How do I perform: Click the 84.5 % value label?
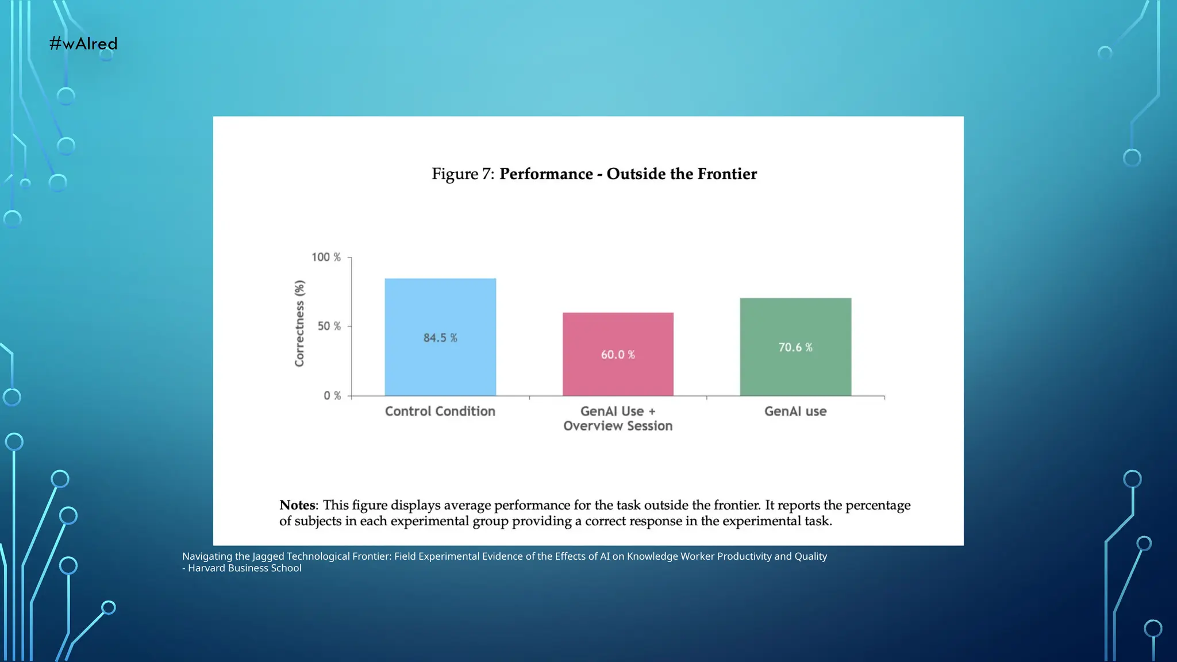click(440, 338)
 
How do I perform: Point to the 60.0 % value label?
click(618, 355)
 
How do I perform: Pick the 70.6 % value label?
click(795, 347)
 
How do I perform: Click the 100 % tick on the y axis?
click(326, 257)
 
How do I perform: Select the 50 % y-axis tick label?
click(329, 326)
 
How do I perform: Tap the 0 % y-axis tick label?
click(332, 395)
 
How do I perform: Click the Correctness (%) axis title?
click(299, 324)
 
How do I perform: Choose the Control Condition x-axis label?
click(440, 411)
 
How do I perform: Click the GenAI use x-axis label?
click(795, 411)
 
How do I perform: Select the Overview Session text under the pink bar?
click(618, 426)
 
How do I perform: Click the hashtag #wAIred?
click(83, 44)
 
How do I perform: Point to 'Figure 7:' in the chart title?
click(463, 174)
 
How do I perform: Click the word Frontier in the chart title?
click(726, 174)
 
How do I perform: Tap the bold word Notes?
click(297, 505)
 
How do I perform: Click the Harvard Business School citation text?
click(244, 568)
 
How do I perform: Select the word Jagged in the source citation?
click(268, 556)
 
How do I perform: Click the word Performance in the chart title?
click(546, 174)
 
